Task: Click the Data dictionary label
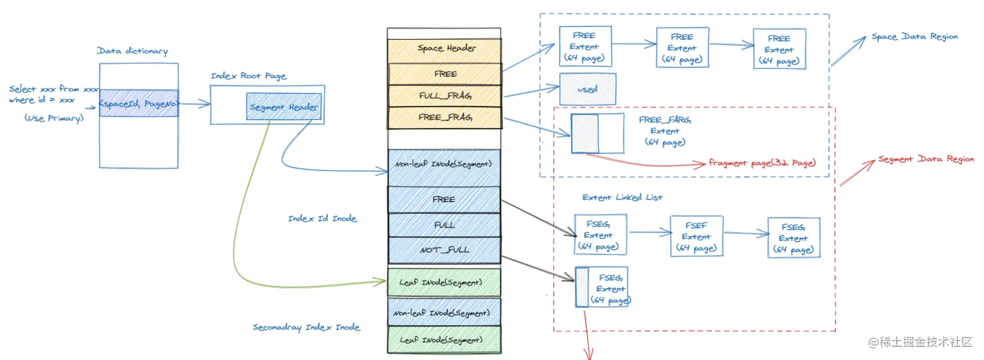132,51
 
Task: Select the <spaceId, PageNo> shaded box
139,103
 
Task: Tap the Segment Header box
284,107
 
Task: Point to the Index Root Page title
248,76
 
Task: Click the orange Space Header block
446,49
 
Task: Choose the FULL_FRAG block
446,96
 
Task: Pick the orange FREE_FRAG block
446,117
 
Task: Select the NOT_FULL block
444,250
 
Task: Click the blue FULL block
444,225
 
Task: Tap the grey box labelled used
587,89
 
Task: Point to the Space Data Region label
914,37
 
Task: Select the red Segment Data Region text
926,159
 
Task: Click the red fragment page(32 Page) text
762,163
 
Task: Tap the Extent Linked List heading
622,197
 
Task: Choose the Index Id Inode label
322,219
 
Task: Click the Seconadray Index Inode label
306,327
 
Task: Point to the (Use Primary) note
54,118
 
